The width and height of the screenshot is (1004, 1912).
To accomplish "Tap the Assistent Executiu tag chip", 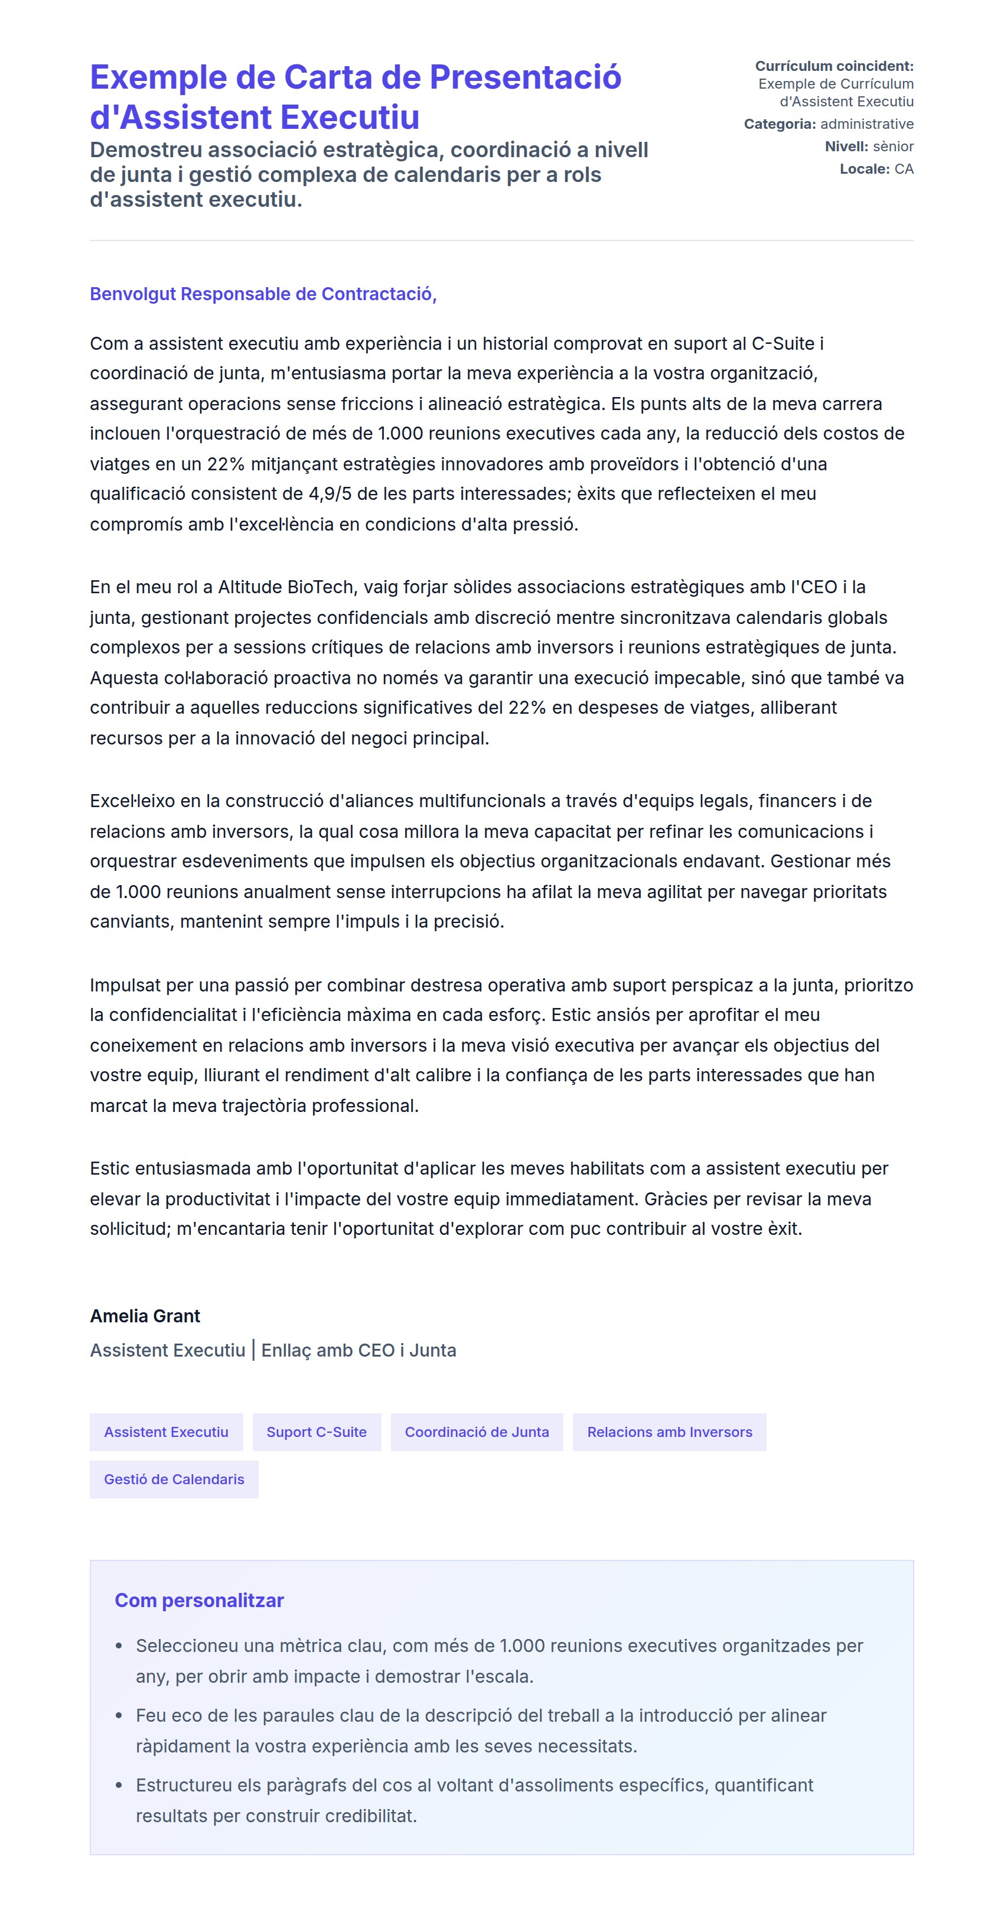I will tap(166, 1432).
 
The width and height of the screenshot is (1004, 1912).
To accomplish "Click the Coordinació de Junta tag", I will tap(477, 1432).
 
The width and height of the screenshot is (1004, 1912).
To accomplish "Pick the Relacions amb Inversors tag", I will tap(669, 1432).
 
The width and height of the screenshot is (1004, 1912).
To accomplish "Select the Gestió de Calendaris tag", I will tap(174, 1479).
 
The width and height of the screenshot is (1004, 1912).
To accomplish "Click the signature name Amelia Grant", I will tap(145, 1316).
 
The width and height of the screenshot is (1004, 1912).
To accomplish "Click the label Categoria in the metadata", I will tap(779, 124).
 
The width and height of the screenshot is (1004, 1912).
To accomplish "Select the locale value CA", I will tap(904, 168).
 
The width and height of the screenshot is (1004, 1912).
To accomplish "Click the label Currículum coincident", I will tap(834, 66).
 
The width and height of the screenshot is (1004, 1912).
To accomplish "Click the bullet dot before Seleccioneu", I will tap(119, 1646).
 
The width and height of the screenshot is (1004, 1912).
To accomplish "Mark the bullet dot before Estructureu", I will tap(119, 1786).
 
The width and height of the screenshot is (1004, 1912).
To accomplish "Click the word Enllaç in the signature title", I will tap(286, 1350).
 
